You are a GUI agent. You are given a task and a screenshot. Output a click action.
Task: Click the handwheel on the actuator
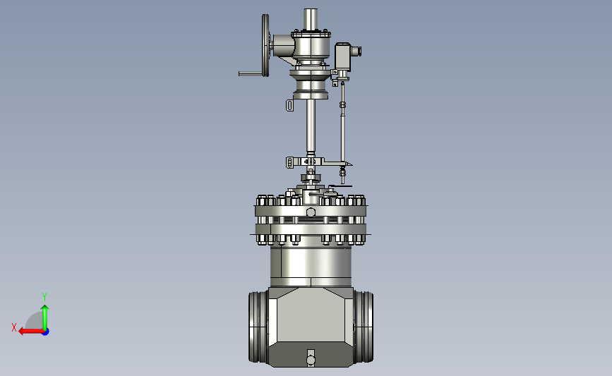[x=266, y=45]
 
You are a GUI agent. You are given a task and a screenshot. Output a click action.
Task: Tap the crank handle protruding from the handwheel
[x=251, y=73]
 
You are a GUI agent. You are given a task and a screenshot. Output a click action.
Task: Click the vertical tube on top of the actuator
[x=311, y=19]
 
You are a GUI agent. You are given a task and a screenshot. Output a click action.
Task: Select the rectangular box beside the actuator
[x=342, y=56]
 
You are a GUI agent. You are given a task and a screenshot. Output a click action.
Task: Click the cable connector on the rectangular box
[x=356, y=51]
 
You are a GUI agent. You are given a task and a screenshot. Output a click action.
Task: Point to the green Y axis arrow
[x=45, y=317]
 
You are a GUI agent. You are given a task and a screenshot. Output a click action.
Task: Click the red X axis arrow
[x=31, y=332]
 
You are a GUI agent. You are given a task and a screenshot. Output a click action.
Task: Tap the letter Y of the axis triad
[x=44, y=297]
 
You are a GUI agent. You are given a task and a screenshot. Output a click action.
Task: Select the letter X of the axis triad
[x=14, y=327]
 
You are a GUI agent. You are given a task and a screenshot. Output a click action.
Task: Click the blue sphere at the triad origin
[x=46, y=332]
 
